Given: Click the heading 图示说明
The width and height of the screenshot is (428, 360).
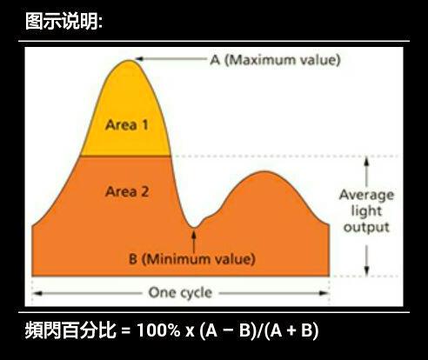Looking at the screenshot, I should point(64,20).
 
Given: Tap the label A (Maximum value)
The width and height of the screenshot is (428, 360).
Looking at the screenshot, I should point(274,60).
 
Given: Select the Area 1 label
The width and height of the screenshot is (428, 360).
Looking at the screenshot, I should point(127,124).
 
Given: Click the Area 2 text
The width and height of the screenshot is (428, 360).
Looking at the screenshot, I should point(127,191).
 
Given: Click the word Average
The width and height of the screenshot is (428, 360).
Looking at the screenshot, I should point(366,195).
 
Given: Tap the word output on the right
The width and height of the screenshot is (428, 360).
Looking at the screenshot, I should point(366,228).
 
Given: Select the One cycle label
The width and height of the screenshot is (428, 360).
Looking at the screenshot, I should point(179,292).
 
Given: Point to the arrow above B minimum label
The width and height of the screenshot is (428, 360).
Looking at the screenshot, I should point(194,239).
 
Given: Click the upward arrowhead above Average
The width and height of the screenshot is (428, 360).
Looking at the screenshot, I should point(366,162).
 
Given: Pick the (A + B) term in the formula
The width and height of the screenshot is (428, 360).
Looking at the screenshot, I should point(291,331).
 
